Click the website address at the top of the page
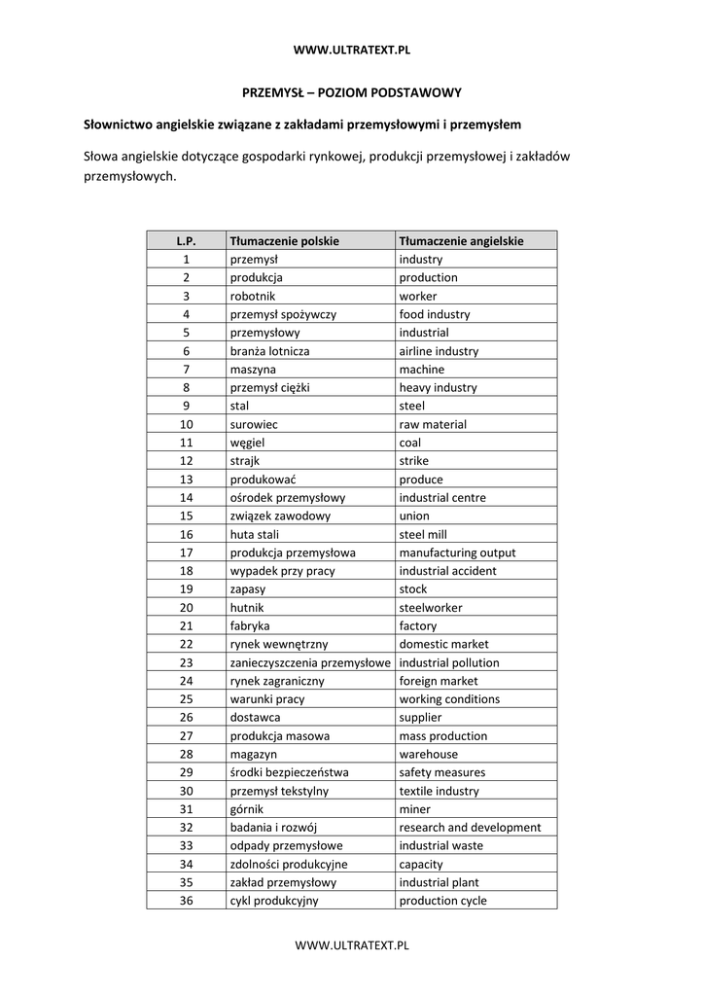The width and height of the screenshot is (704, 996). tap(351, 49)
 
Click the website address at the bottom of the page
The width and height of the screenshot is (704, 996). tap(351, 944)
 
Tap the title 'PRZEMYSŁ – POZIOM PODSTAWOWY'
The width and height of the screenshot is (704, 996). tap(351, 92)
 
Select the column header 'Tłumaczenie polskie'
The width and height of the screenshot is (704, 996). tap(284, 240)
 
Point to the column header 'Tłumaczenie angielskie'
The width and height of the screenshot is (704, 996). tap(461, 240)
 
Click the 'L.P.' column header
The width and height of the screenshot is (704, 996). tap(187, 240)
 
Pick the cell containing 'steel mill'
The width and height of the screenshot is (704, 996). tap(423, 534)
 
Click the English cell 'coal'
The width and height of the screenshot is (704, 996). tap(410, 443)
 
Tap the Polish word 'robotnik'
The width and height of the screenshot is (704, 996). tap(252, 296)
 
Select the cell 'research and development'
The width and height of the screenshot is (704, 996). tap(470, 828)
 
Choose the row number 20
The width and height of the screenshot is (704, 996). tap(187, 608)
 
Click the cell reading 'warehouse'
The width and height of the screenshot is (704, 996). tap(429, 754)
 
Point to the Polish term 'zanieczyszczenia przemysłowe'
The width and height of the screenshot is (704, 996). tap(309, 662)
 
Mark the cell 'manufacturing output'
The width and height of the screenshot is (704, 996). tap(457, 552)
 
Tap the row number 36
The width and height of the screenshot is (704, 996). tap(187, 901)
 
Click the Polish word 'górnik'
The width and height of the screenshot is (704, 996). tap(247, 809)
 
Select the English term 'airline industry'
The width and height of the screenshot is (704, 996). tap(439, 351)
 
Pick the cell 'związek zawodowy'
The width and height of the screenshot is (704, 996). tap(280, 516)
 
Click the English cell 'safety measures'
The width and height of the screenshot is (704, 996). tap(441, 772)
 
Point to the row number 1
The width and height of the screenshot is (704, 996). tap(187, 259)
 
